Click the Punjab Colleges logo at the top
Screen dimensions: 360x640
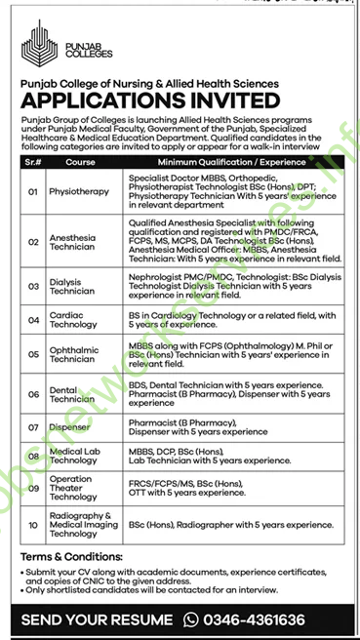(x=49, y=43)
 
